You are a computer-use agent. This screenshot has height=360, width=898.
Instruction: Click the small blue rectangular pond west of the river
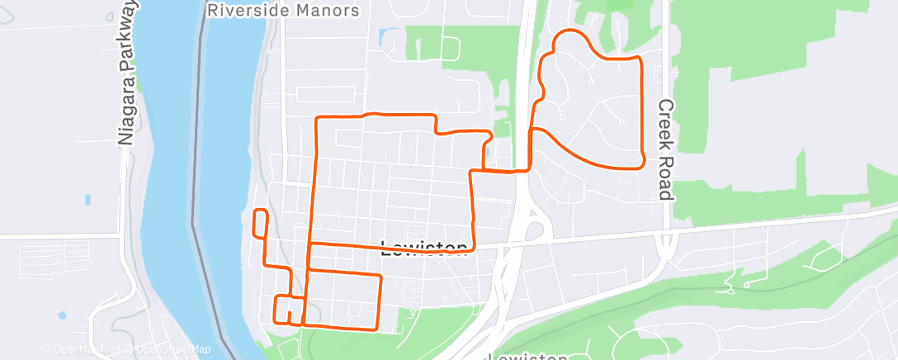[x=87, y=199]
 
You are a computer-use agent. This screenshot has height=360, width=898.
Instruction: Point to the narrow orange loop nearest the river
[x=260, y=224]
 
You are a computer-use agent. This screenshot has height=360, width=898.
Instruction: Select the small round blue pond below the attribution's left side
[x=63, y=315]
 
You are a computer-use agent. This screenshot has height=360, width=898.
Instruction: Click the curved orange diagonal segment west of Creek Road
[x=578, y=153]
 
